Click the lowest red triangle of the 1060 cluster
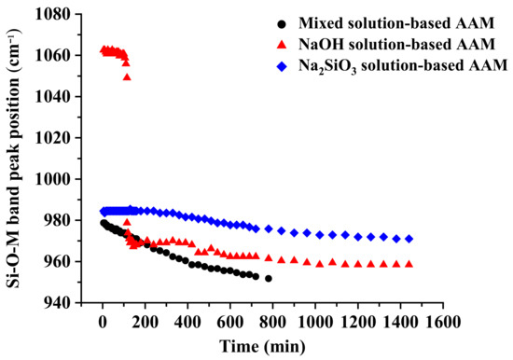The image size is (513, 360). tap(127, 76)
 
